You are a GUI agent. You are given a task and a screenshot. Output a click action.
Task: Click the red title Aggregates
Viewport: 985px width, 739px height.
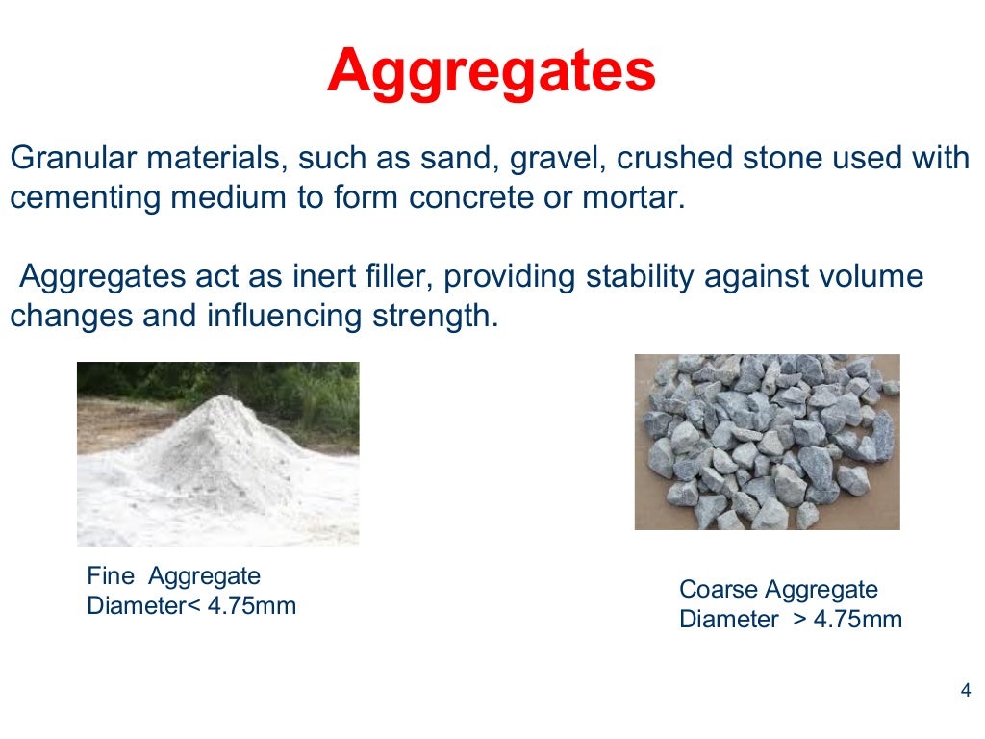point(491,71)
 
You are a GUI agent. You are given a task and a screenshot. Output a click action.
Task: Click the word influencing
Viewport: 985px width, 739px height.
point(284,317)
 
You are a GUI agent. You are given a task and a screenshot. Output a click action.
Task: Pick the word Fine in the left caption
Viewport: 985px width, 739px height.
point(109,576)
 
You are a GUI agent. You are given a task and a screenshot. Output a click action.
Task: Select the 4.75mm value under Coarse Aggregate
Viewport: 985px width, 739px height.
point(858,619)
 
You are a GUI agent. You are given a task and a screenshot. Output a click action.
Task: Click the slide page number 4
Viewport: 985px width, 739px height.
point(966,691)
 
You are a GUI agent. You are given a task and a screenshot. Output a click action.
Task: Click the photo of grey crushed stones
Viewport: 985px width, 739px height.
point(767,442)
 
